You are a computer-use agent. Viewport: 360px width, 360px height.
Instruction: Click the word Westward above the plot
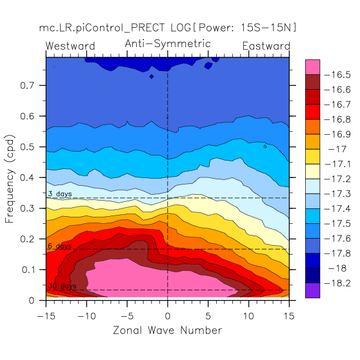pos(70,46)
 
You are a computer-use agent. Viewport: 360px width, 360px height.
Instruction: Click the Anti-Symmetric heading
pos(168,44)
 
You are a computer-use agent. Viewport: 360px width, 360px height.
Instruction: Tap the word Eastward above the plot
pos(266,46)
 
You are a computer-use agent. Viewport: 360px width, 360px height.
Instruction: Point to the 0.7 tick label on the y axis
pos(27,85)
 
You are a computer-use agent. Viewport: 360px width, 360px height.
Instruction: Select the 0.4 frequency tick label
pos(27,177)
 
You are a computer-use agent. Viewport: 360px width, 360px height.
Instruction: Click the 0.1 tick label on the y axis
pos(28,270)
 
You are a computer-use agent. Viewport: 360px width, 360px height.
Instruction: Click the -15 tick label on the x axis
pos(46,316)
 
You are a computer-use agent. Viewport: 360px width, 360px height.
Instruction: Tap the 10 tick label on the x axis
pos(248,316)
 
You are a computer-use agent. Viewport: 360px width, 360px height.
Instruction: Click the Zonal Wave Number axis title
pos(168,330)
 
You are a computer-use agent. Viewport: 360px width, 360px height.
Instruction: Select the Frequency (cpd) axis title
pos(10,179)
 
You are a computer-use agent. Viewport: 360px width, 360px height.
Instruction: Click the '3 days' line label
pos(60,194)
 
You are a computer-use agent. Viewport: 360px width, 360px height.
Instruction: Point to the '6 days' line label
pos(60,246)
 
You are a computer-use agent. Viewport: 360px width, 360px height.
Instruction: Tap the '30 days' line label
pos(62,286)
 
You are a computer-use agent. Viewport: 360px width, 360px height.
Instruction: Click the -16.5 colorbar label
pos(337,75)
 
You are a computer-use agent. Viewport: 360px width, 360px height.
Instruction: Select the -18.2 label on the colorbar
pos(337,283)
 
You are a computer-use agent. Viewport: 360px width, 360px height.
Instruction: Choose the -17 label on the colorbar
pos(337,150)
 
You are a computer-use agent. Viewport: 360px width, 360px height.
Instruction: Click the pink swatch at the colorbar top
pos(312,67)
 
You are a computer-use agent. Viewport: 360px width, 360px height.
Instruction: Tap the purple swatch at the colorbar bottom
pos(312,290)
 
